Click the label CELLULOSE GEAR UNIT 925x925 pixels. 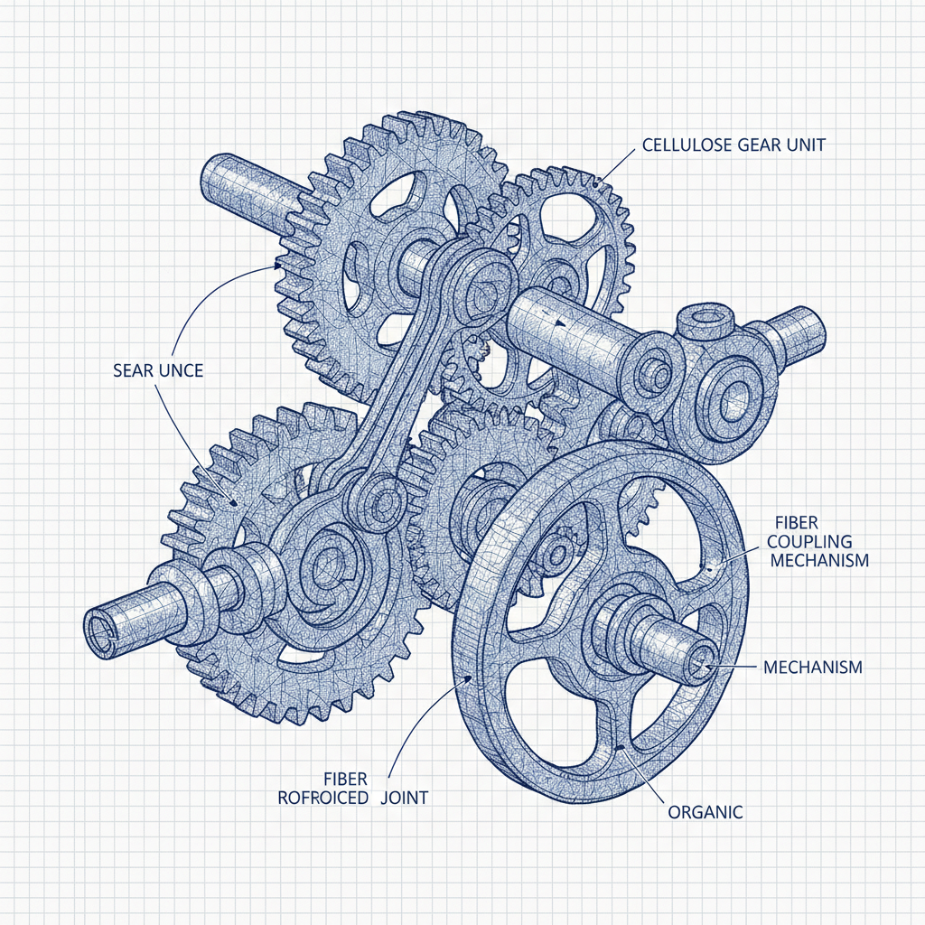(x=733, y=145)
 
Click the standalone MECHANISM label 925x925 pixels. (x=812, y=668)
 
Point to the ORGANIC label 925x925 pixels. (x=705, y=812)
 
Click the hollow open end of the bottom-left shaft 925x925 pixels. (x=101, y=627)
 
